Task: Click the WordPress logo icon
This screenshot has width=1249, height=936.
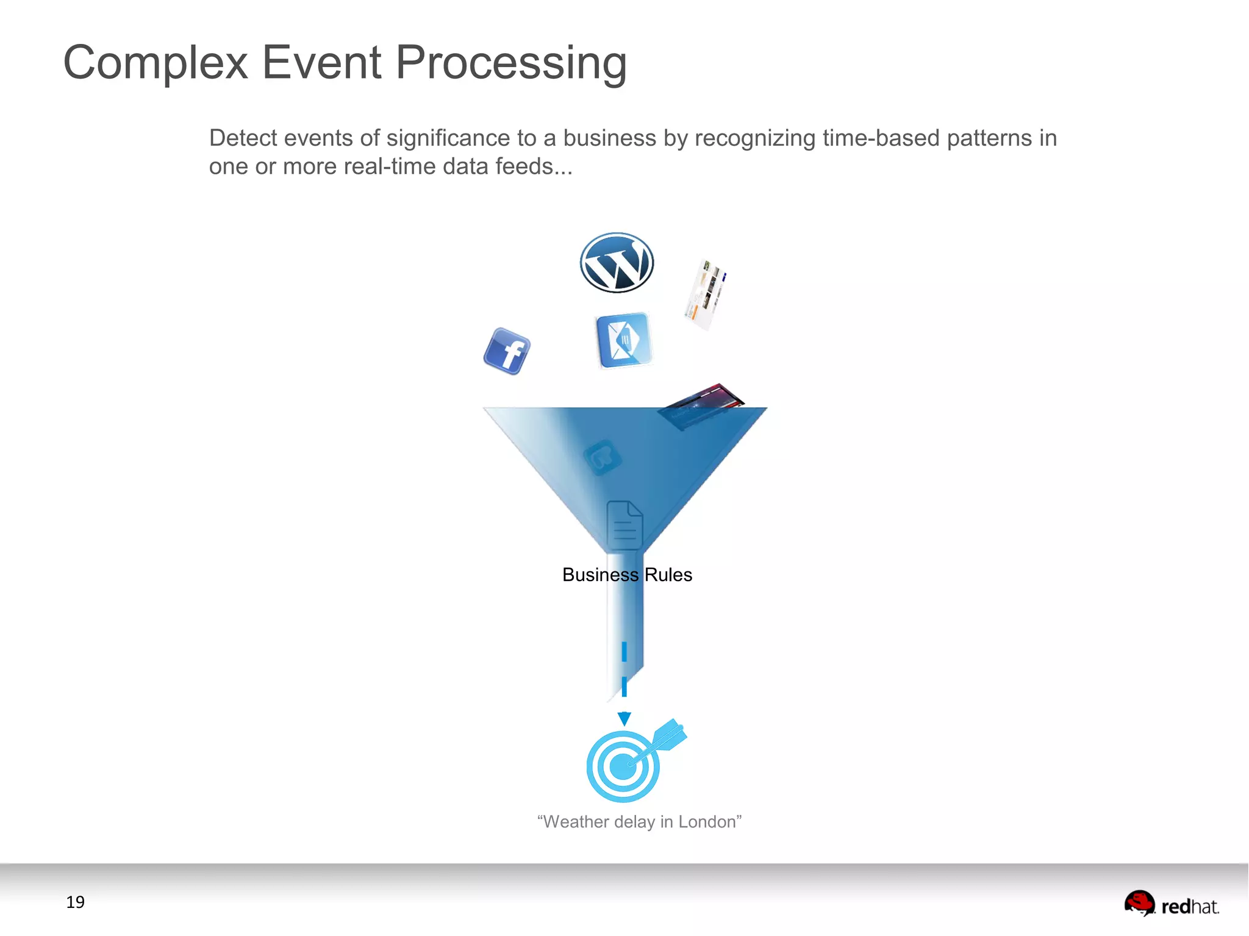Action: click(x=617, y=263)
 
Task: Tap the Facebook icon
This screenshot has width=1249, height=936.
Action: click(x=507, y=351)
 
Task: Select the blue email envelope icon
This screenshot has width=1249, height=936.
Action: click(x=624, y=340)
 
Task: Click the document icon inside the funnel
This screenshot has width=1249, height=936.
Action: click(x=624, y=525)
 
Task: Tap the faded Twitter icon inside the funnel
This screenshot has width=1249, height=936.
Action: click(x=602, y=457)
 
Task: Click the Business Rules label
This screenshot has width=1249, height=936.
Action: click(x=627, y=574)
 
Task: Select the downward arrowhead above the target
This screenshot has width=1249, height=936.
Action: click(x=624, y=718)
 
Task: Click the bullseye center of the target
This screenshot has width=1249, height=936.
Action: click(x=623, y=766)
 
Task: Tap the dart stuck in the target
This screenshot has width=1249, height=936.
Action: click(x=665, y=738)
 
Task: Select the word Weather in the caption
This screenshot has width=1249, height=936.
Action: click(x=576, y=822)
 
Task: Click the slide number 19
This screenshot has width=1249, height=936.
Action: click(x=75, y=902)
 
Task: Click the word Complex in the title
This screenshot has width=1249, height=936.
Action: click(x=156, y=63)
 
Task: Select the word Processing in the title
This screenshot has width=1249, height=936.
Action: click(x=511, y=63)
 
